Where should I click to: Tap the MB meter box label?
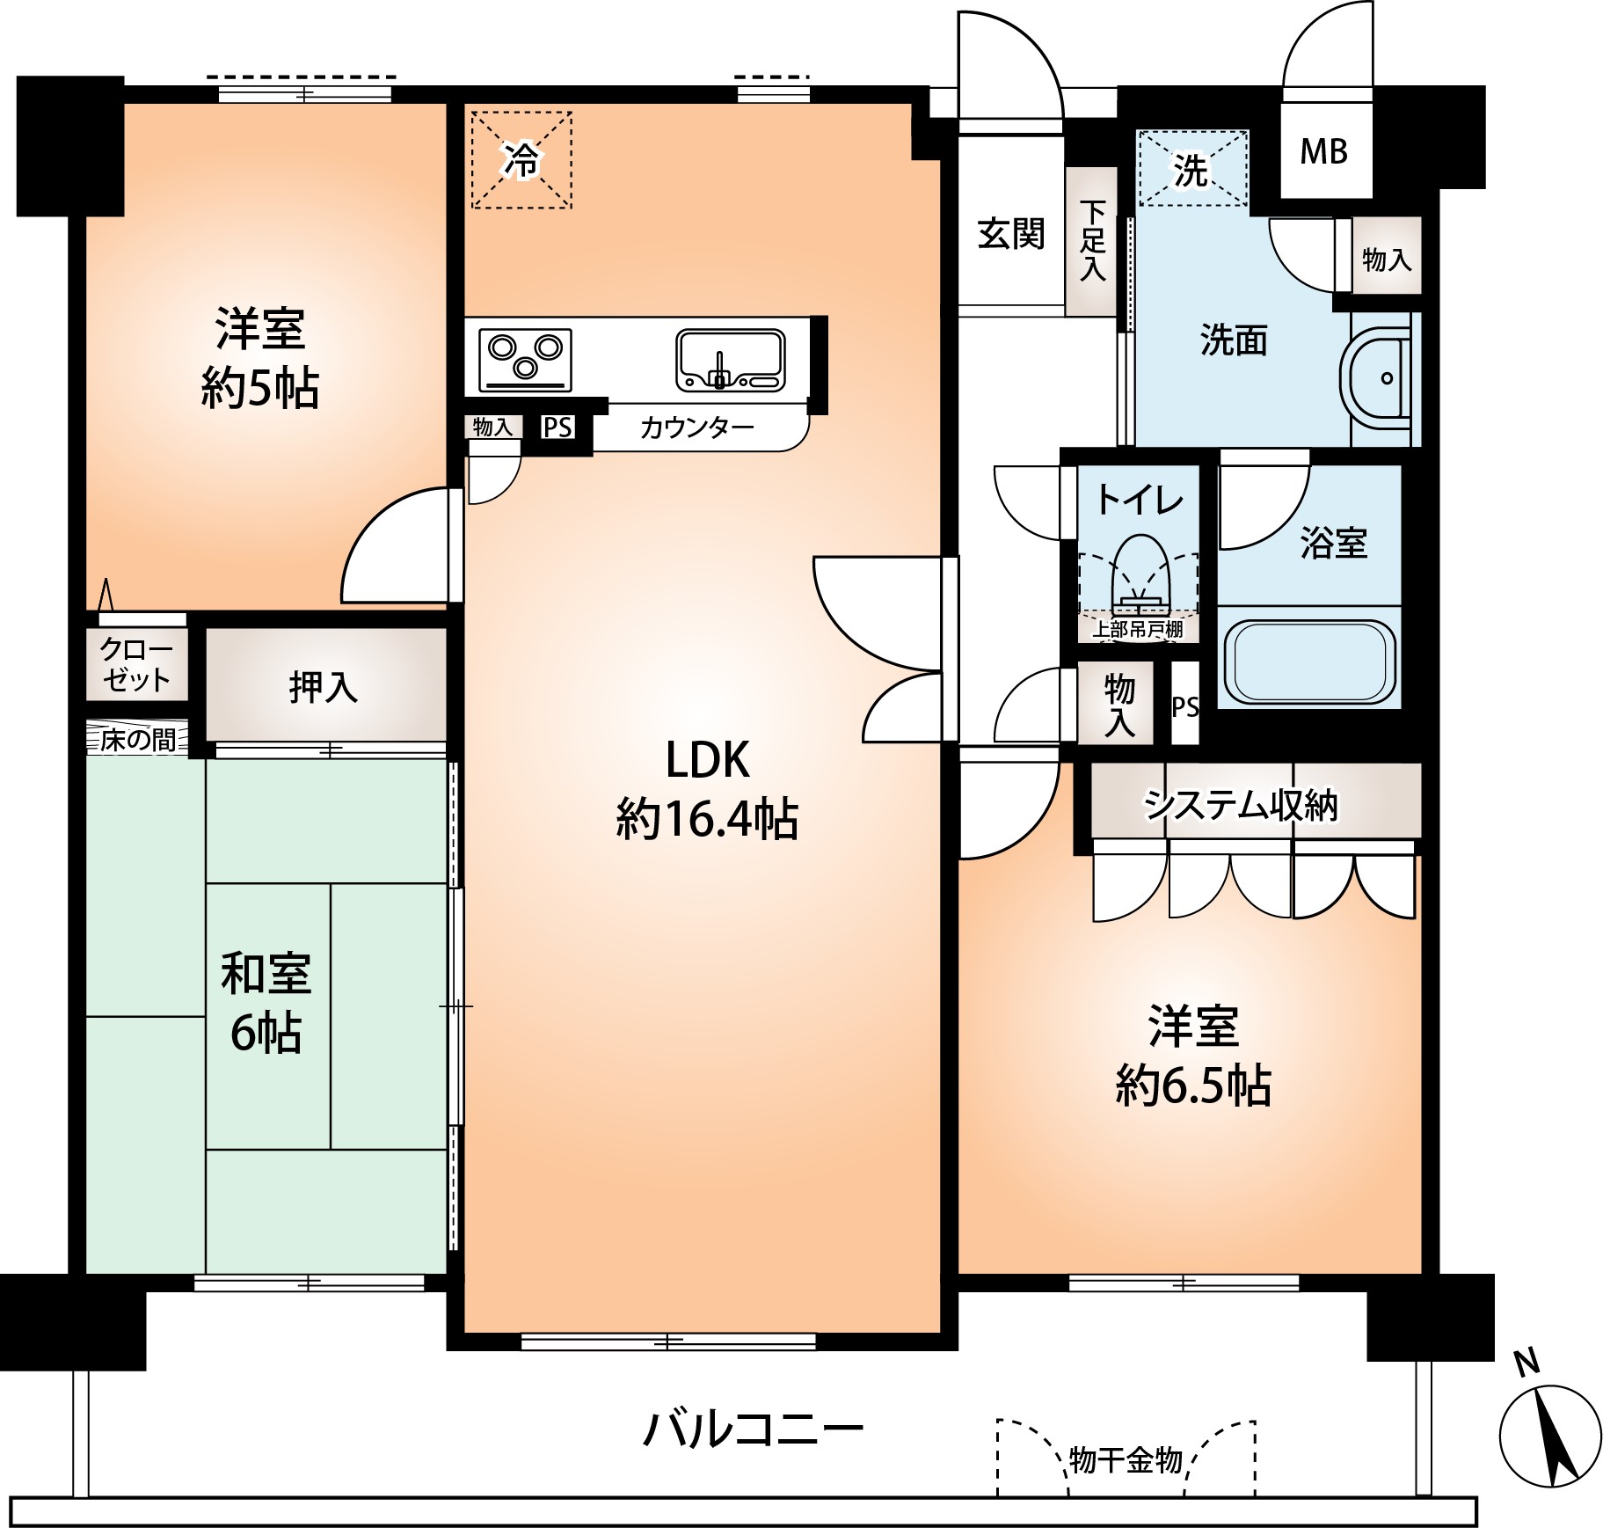coord(1324,151)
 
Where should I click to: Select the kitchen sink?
coord(730,359)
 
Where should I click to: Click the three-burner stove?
coord(525,360)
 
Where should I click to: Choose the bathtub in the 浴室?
coord(1307,661)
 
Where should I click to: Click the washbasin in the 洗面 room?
coord(1375,378)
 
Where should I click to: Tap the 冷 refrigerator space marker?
coord(522,160)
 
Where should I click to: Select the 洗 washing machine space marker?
coord(1192,169)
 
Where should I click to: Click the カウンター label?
coord(697,428)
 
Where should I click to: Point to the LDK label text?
coord(707,760)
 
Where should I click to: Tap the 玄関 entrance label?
coord(1011,234)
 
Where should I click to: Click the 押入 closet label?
coord(324,687)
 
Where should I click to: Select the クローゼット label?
coord(135,664)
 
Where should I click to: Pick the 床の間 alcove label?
coord(137,740)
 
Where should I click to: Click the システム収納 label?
coord(1240,805)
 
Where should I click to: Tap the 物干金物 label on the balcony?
coord(1126,1460)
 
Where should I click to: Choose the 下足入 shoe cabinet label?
coord(1093,240)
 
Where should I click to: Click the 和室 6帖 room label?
coord(266,1004)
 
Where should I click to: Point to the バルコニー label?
coord(754,1429)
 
